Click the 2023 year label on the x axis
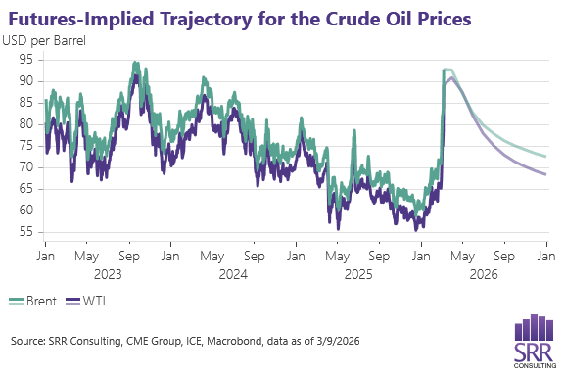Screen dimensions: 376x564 tap(107, 274)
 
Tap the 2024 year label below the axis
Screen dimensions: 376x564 tap(232, 274)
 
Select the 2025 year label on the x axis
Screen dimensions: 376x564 tap(358, 274)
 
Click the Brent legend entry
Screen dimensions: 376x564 tap(34, 302)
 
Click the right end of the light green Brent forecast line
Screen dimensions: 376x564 tap(545, 156)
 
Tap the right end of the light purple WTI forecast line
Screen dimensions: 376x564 tap(545, 174)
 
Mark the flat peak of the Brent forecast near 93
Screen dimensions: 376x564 tap(447, 70)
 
